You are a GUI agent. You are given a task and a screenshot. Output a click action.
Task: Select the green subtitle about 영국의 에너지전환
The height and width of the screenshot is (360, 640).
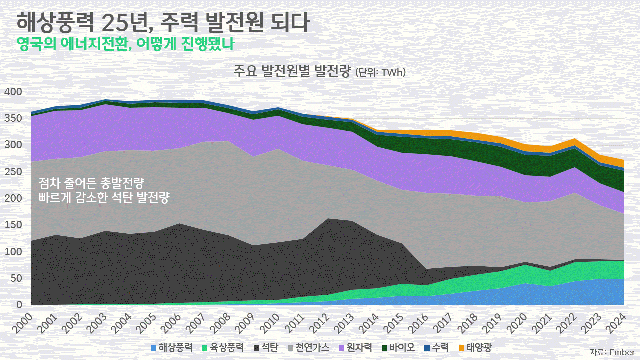click(x=125, y=44)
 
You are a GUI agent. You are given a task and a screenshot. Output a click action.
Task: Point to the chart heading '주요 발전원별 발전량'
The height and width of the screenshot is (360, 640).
click(x=292, y=72)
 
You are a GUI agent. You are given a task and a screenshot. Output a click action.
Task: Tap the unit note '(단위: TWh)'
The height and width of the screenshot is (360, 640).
click(x=380, y=73)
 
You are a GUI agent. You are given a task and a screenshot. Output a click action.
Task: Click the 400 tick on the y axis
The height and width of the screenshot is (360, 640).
click(x=13, y=92)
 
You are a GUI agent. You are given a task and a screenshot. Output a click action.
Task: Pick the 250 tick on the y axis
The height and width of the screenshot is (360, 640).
click(x=13, y=172)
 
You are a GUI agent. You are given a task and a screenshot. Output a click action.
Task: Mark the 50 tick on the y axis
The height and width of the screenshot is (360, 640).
click(x=16, y=278)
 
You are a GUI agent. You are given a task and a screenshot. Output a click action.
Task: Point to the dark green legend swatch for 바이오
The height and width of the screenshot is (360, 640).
click(x=384, y=347)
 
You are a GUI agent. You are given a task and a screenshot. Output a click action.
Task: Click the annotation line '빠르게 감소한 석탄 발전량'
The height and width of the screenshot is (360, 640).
click(x=104, y=198)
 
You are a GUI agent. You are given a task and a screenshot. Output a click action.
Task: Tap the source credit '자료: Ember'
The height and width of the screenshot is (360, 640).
click(x=612, y=352)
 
